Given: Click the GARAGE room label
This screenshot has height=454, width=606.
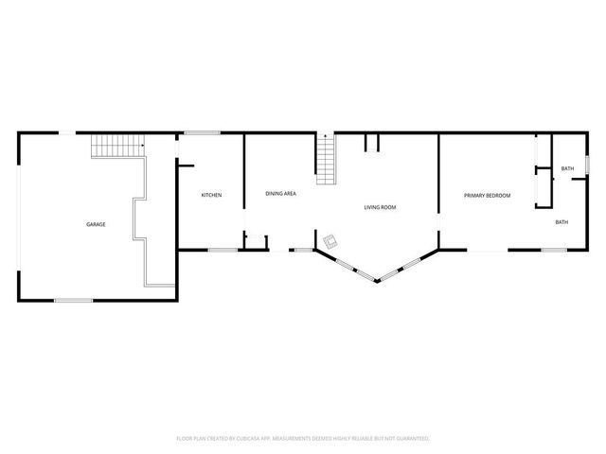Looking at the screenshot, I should click(96, 224).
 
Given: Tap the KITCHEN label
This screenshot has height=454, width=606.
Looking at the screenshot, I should click(211, 195).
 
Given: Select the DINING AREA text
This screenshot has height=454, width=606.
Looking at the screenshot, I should click(281, 193).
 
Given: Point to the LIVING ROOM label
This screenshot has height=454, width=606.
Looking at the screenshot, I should click(380, 206).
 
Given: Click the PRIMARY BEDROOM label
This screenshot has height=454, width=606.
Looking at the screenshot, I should click(487, 195).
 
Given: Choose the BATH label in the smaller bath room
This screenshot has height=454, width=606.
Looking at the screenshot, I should click(567, 168).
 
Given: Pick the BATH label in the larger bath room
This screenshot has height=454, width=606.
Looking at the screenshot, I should click(561, 222).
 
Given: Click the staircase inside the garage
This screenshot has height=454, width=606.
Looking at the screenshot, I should click(118, 146).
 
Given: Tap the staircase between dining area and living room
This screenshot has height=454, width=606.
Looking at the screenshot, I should click(327, 161).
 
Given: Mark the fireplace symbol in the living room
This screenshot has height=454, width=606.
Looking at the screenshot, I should click(330, 241).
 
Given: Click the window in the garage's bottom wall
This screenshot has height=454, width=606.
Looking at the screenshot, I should click(73, 300).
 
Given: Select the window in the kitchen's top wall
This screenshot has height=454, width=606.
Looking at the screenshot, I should click(202, 132).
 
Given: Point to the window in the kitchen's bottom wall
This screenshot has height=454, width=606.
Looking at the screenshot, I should click(223, 250).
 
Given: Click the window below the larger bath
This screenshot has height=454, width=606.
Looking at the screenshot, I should click(554, 250).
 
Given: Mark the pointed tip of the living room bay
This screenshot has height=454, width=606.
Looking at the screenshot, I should click(378, 281).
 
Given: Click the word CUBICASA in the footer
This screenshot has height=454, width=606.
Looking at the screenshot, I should click(249, 439).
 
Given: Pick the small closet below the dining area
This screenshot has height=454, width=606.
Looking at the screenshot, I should click(255, 241).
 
